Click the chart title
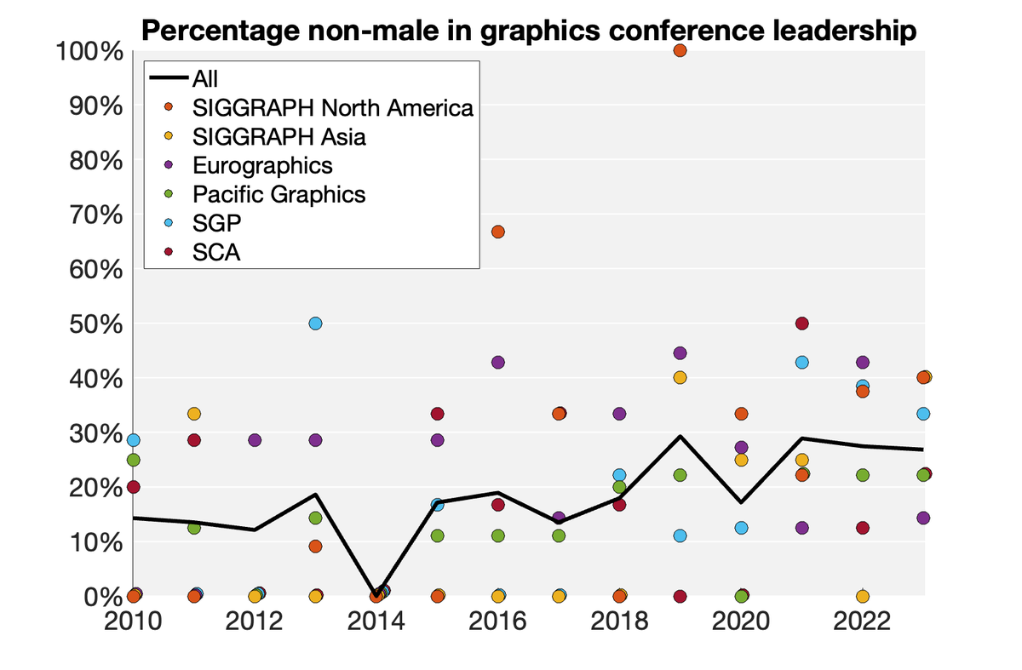pyautogui.click(x=529, y=31)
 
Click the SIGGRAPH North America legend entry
pyautogui.click(x=332, y=108)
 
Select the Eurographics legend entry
pyautogui.click(x=262, y=164)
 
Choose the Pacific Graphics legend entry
pyautogui.click(x=278, y=194)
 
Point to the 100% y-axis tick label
pyautogui.click(x=89, y=52)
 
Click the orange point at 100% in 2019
pyautogui.click(x=680, y=50)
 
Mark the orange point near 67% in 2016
pyautogui.click(x=497, y=232)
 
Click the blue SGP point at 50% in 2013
pyautogui.click(x=315, y=324)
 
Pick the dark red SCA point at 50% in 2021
pyautogui.click(x=801, y=324)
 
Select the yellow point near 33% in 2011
pyautogui.click(x=193, y=414)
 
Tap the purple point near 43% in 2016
pyautogui.click(x=497, y=362)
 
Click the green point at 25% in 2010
pyautogui.click(x=133, y=460)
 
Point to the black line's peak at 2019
pyautogui.click(x=680, y=437)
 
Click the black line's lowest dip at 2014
pyautogui.click(x=376, y=594)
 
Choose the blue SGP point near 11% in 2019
pyautogui.click(x=680, y=535)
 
